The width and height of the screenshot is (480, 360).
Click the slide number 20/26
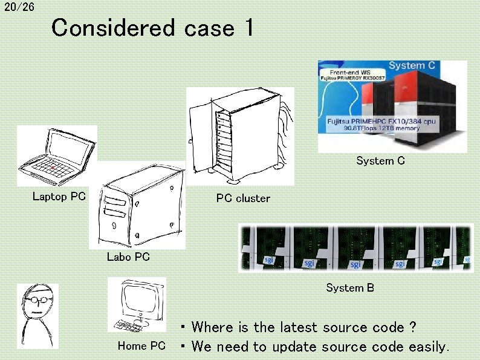coord(19,7)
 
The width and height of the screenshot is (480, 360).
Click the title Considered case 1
coord(152,28)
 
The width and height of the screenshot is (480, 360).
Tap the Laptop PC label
coord(59,196)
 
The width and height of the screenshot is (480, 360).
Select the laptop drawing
coord(56,155)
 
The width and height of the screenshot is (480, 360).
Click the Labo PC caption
coord(128,257)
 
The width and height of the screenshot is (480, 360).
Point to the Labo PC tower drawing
coord(137,206)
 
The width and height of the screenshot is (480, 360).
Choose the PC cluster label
coord(243,198)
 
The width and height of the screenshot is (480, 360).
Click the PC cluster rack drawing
coord(239,136)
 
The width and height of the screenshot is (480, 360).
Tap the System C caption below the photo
coord(380,161)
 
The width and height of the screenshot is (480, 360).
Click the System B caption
coord(350,288)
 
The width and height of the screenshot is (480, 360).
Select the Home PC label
coord(141,346)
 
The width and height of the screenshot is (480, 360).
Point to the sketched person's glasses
coord(37,299)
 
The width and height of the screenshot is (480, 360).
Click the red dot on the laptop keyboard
coord(53,167)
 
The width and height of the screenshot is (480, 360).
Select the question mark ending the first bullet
coord(412,327)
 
